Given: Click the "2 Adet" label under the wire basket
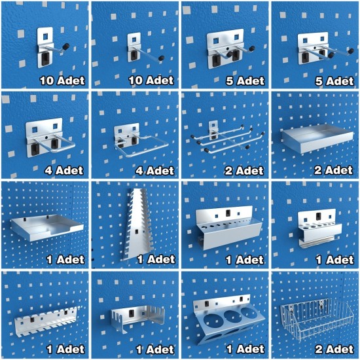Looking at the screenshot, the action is [x=334, y=350].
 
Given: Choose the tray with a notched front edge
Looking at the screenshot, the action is [x=46, y=227].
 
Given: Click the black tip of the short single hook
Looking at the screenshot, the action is [x=67, y=45].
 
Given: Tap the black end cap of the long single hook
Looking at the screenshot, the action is [x=162, y=58].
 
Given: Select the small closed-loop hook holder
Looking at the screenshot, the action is [x=50, y=137].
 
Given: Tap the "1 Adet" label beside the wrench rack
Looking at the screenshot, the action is [x=156, y=259].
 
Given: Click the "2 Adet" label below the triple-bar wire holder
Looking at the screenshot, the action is [x=244, y=171].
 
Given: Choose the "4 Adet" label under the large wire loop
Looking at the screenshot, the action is [x=154, y=171].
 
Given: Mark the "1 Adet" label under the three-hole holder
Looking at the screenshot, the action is [x=245, y=350].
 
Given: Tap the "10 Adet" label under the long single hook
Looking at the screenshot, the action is [x=151, y=81].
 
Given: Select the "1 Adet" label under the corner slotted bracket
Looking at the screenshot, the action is [x=155, y=350].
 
